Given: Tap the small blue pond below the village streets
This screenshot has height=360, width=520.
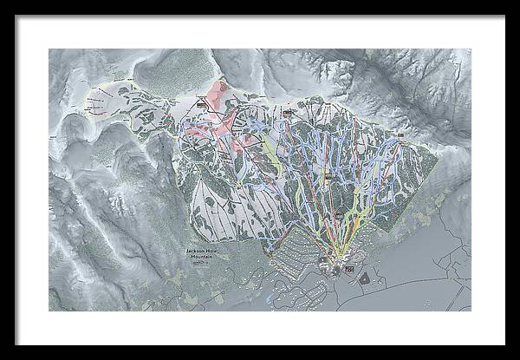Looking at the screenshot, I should tap(276, 298).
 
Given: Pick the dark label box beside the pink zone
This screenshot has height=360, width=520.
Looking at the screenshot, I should tap(203, 103).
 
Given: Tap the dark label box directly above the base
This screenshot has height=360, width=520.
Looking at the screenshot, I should tap(328, 180).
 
